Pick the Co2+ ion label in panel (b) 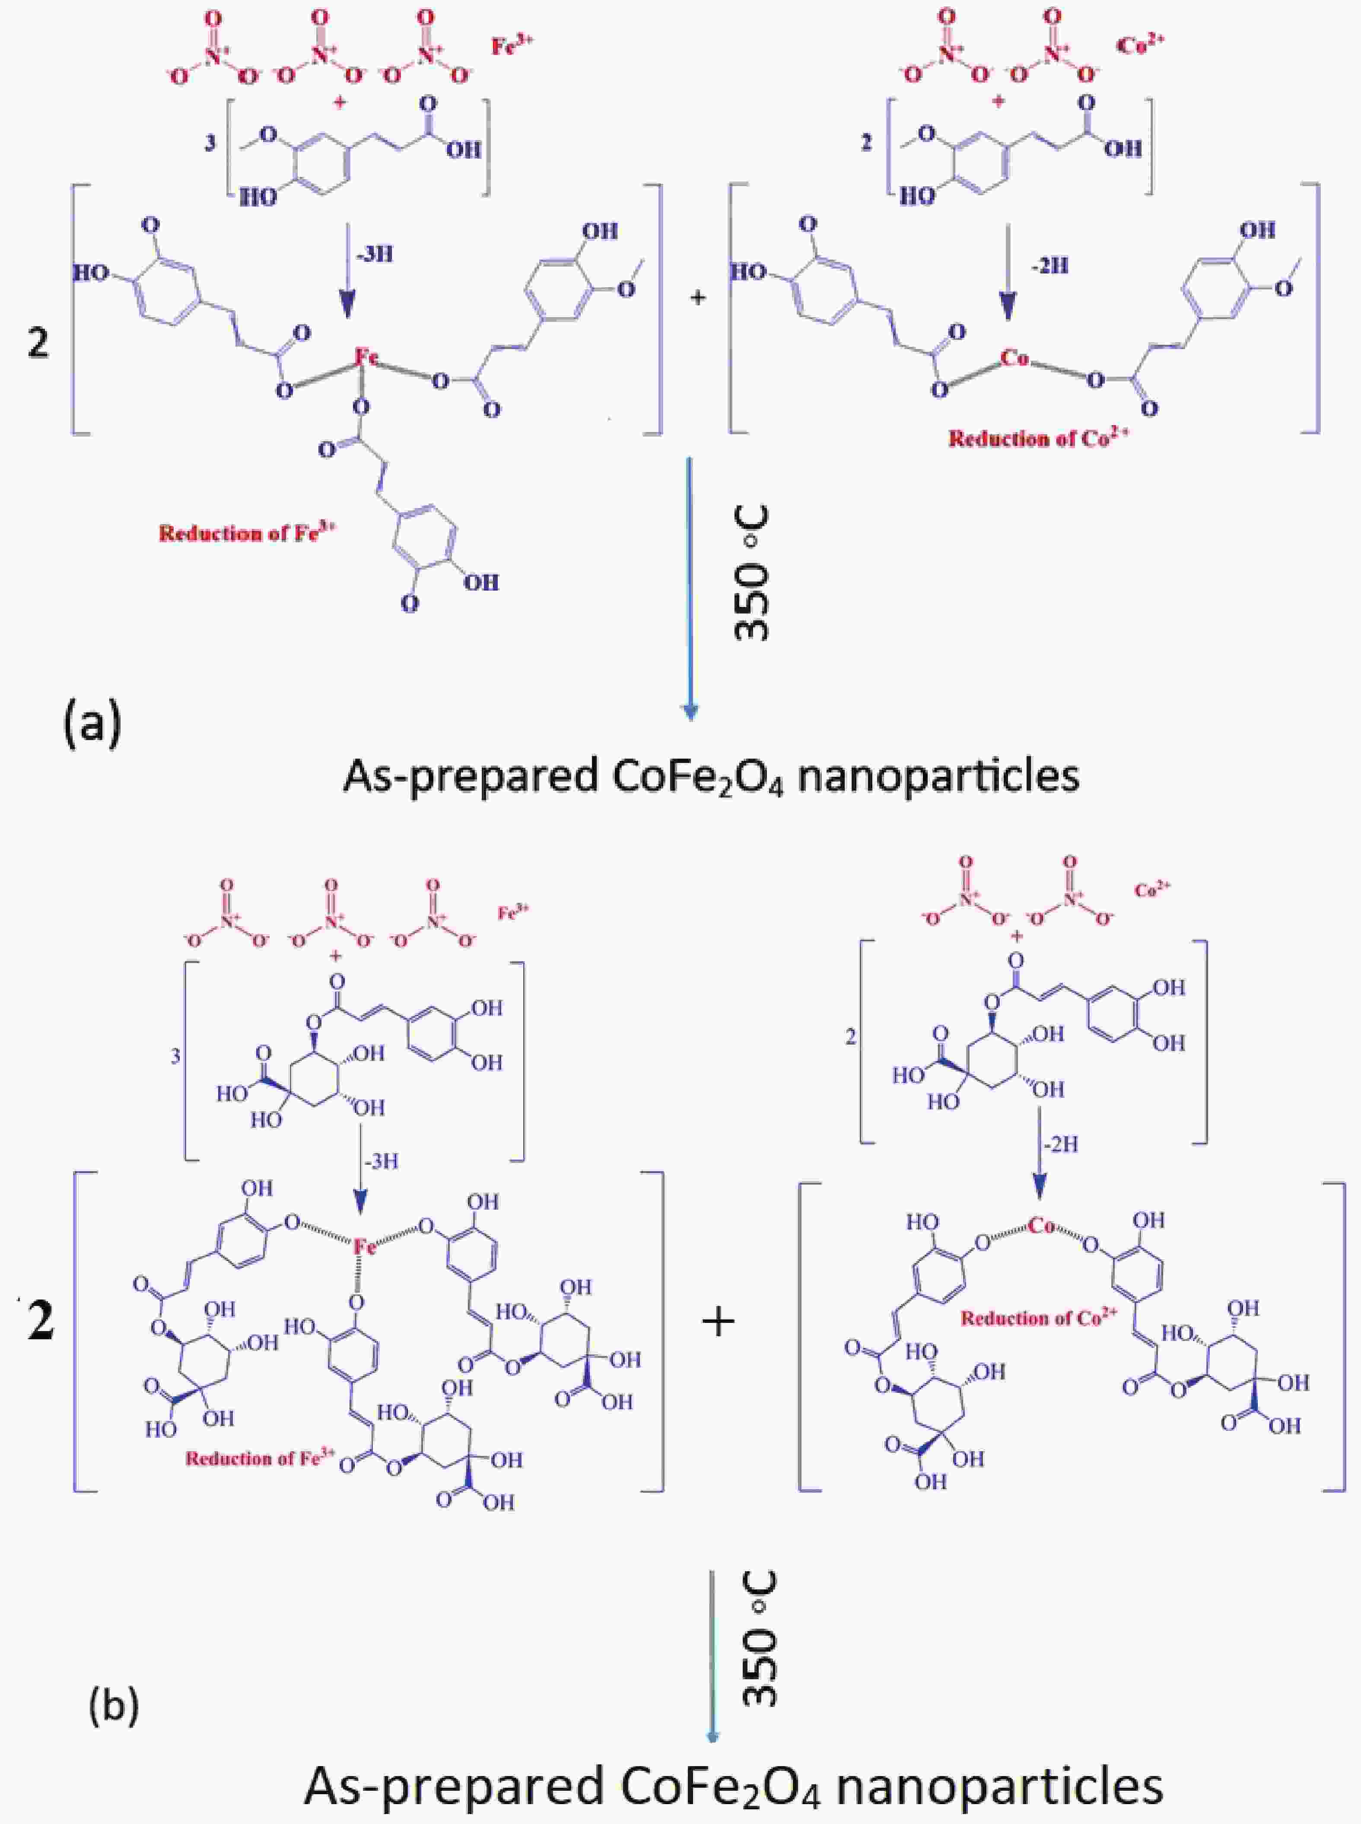tap(1152, 889)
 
